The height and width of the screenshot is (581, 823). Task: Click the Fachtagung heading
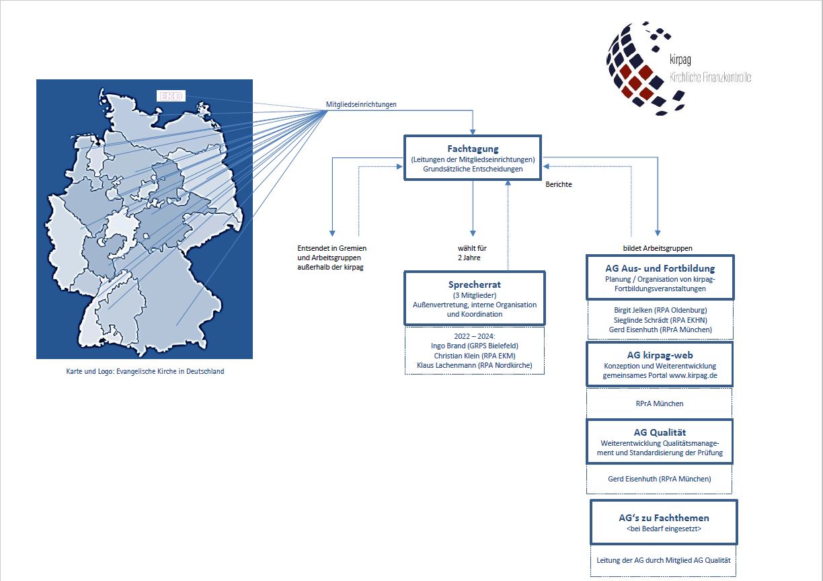[x=473, y=149]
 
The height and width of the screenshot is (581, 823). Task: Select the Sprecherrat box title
[x=474, y=284]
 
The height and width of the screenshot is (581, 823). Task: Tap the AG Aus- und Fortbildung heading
[x=660, y=268]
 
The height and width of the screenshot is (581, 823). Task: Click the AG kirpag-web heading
[x=660, y=355]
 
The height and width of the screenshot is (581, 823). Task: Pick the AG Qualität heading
[x=660, y=432]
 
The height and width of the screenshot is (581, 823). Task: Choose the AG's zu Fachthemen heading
[x=664, y=518]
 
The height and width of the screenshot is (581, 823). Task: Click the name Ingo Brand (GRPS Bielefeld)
[x=474, y=346]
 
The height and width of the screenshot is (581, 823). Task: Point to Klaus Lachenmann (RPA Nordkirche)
[x=474, y=365]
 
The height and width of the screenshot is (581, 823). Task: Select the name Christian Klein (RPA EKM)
[x=474, y=356]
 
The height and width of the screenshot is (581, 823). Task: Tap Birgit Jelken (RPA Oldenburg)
[x=660, y=310]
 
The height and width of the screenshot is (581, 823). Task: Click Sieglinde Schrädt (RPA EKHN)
[x=660, y=320]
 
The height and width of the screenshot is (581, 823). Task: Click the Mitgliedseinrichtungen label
[x=361, y=104]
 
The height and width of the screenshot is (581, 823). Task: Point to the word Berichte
[x=559, y=184]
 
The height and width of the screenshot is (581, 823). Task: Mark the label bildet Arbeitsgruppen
[x=658, y=248]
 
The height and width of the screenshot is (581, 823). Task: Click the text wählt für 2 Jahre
[x=472, y=253]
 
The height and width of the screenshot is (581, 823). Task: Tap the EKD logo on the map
[x=171, y=96]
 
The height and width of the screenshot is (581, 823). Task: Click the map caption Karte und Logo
[x=145, y=372]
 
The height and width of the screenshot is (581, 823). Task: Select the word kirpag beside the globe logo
[x=680, y=60]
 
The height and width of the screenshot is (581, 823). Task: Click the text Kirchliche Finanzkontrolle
[x=710, y=77]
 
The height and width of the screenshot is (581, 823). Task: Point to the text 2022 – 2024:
[x=474, y=336]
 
